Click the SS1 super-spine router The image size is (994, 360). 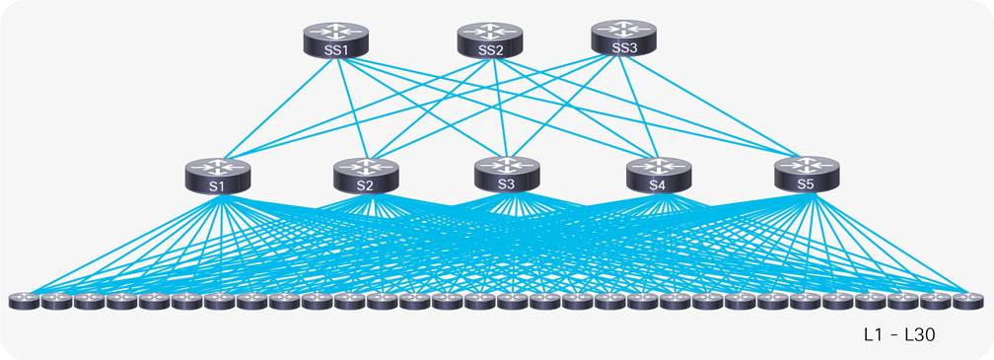[336, 40]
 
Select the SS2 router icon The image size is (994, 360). [489, 40]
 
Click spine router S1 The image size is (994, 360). [217, 175]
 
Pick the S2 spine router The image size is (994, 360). [365, 175]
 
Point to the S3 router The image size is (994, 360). [507, 173]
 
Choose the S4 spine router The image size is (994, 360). [658, 175]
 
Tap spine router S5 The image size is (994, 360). [807, 173]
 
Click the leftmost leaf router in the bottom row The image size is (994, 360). [24, 300]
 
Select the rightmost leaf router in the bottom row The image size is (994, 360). [967, 300]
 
